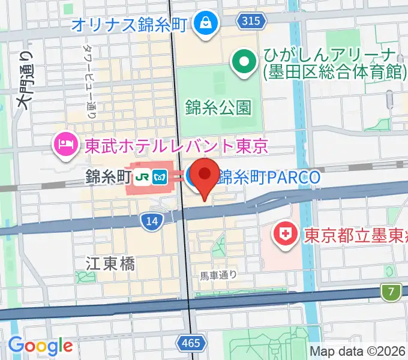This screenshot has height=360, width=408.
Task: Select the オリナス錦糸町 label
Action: click(x=131, y=25)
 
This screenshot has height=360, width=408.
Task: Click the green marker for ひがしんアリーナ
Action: click(x=244, y=62)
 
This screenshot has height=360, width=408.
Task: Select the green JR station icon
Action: click(x=143, y=177)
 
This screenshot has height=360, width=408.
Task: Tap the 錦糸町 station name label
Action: click(x=108, y=177)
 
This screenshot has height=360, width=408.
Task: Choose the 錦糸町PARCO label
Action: click(x=269, y=177)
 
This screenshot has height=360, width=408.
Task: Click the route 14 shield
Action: click(x=152, y=221)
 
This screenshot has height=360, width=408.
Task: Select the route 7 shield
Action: click(x=391, y=292)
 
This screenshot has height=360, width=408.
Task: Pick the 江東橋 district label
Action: click(x=110, y=263)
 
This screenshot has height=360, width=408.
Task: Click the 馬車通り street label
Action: click(x=218, y=275)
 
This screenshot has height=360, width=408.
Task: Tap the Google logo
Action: click(x=40, y=346)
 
